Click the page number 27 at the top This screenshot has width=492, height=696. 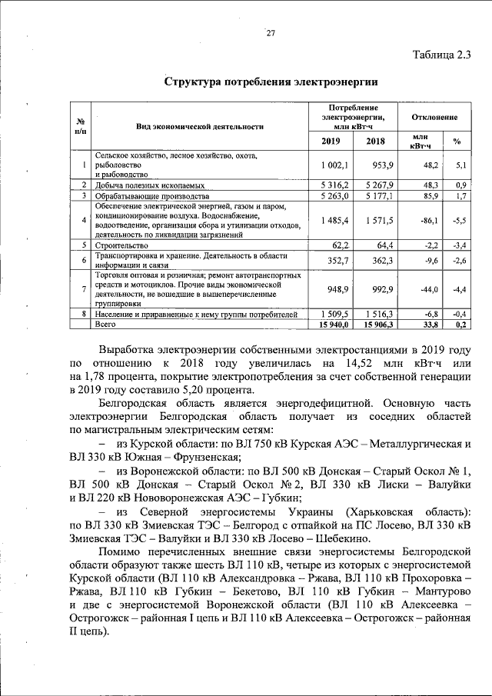(271, 32)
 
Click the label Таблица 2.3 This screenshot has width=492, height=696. (441, 54)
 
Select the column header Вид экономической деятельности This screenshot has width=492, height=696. (200, 125)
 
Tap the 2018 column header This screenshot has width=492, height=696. (375, 141)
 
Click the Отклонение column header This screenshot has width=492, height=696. (435, 118)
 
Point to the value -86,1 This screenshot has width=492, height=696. (428, 221)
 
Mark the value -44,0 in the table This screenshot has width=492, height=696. (428, 289)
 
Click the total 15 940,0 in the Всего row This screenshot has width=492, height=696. (333, 325)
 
